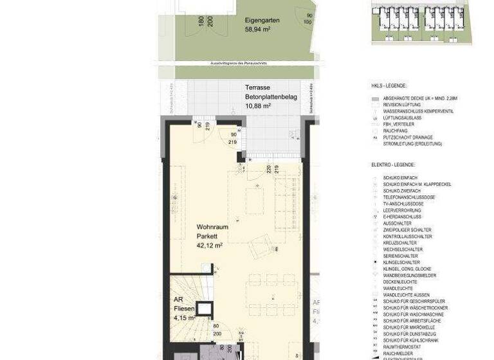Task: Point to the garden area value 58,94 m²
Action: [x=257, y=29]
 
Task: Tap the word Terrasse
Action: [x=257, y=87]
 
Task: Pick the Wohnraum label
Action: [x=212, y=227]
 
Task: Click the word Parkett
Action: [x=208, y=236]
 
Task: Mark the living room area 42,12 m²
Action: [x=210, y=245]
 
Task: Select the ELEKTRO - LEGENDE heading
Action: [x=393, y=165]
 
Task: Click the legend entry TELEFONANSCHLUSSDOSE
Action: [x=409, y=197]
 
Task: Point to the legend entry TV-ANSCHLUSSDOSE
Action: [x=405, y=204]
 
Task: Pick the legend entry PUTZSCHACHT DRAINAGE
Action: [x=408, y=138]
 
